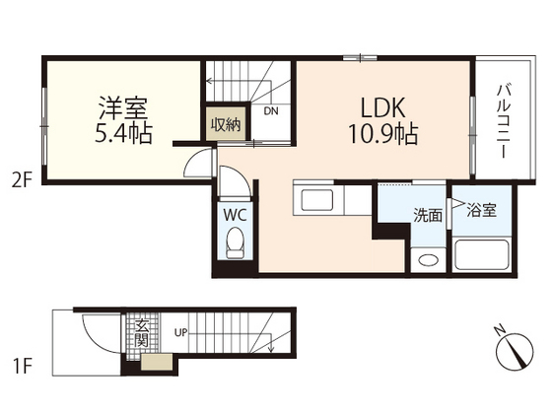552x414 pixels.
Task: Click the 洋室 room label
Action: click(x=123, y=107)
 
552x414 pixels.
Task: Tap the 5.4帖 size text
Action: click(x=123, y=133)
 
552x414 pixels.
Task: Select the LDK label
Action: click(x=383, y=107)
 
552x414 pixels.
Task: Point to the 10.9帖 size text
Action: click(x=383, y=134)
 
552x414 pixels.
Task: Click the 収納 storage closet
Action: click(x=226, y=123)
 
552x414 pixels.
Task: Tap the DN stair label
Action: click(x=271, y=111)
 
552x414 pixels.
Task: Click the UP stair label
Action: click(x=181, y=332)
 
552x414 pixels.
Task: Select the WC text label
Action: click(x=235, y=215)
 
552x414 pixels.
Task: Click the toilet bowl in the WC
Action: click(x=235, y=242)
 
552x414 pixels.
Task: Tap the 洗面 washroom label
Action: click(x=428, y=215)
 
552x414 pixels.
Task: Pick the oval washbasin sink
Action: click(x=428, y=260)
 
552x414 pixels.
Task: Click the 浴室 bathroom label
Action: click(x=481, y=210)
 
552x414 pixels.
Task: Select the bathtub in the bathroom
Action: click(x=482, y=254)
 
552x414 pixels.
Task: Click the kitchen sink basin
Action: click(x=316, y=200)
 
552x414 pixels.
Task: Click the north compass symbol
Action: click(x=514, y=351)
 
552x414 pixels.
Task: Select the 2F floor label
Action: click(x=22, y=182)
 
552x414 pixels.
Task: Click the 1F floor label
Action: click(x=23, y=366)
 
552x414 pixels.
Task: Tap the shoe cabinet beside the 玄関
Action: click(x=157, y=363)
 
